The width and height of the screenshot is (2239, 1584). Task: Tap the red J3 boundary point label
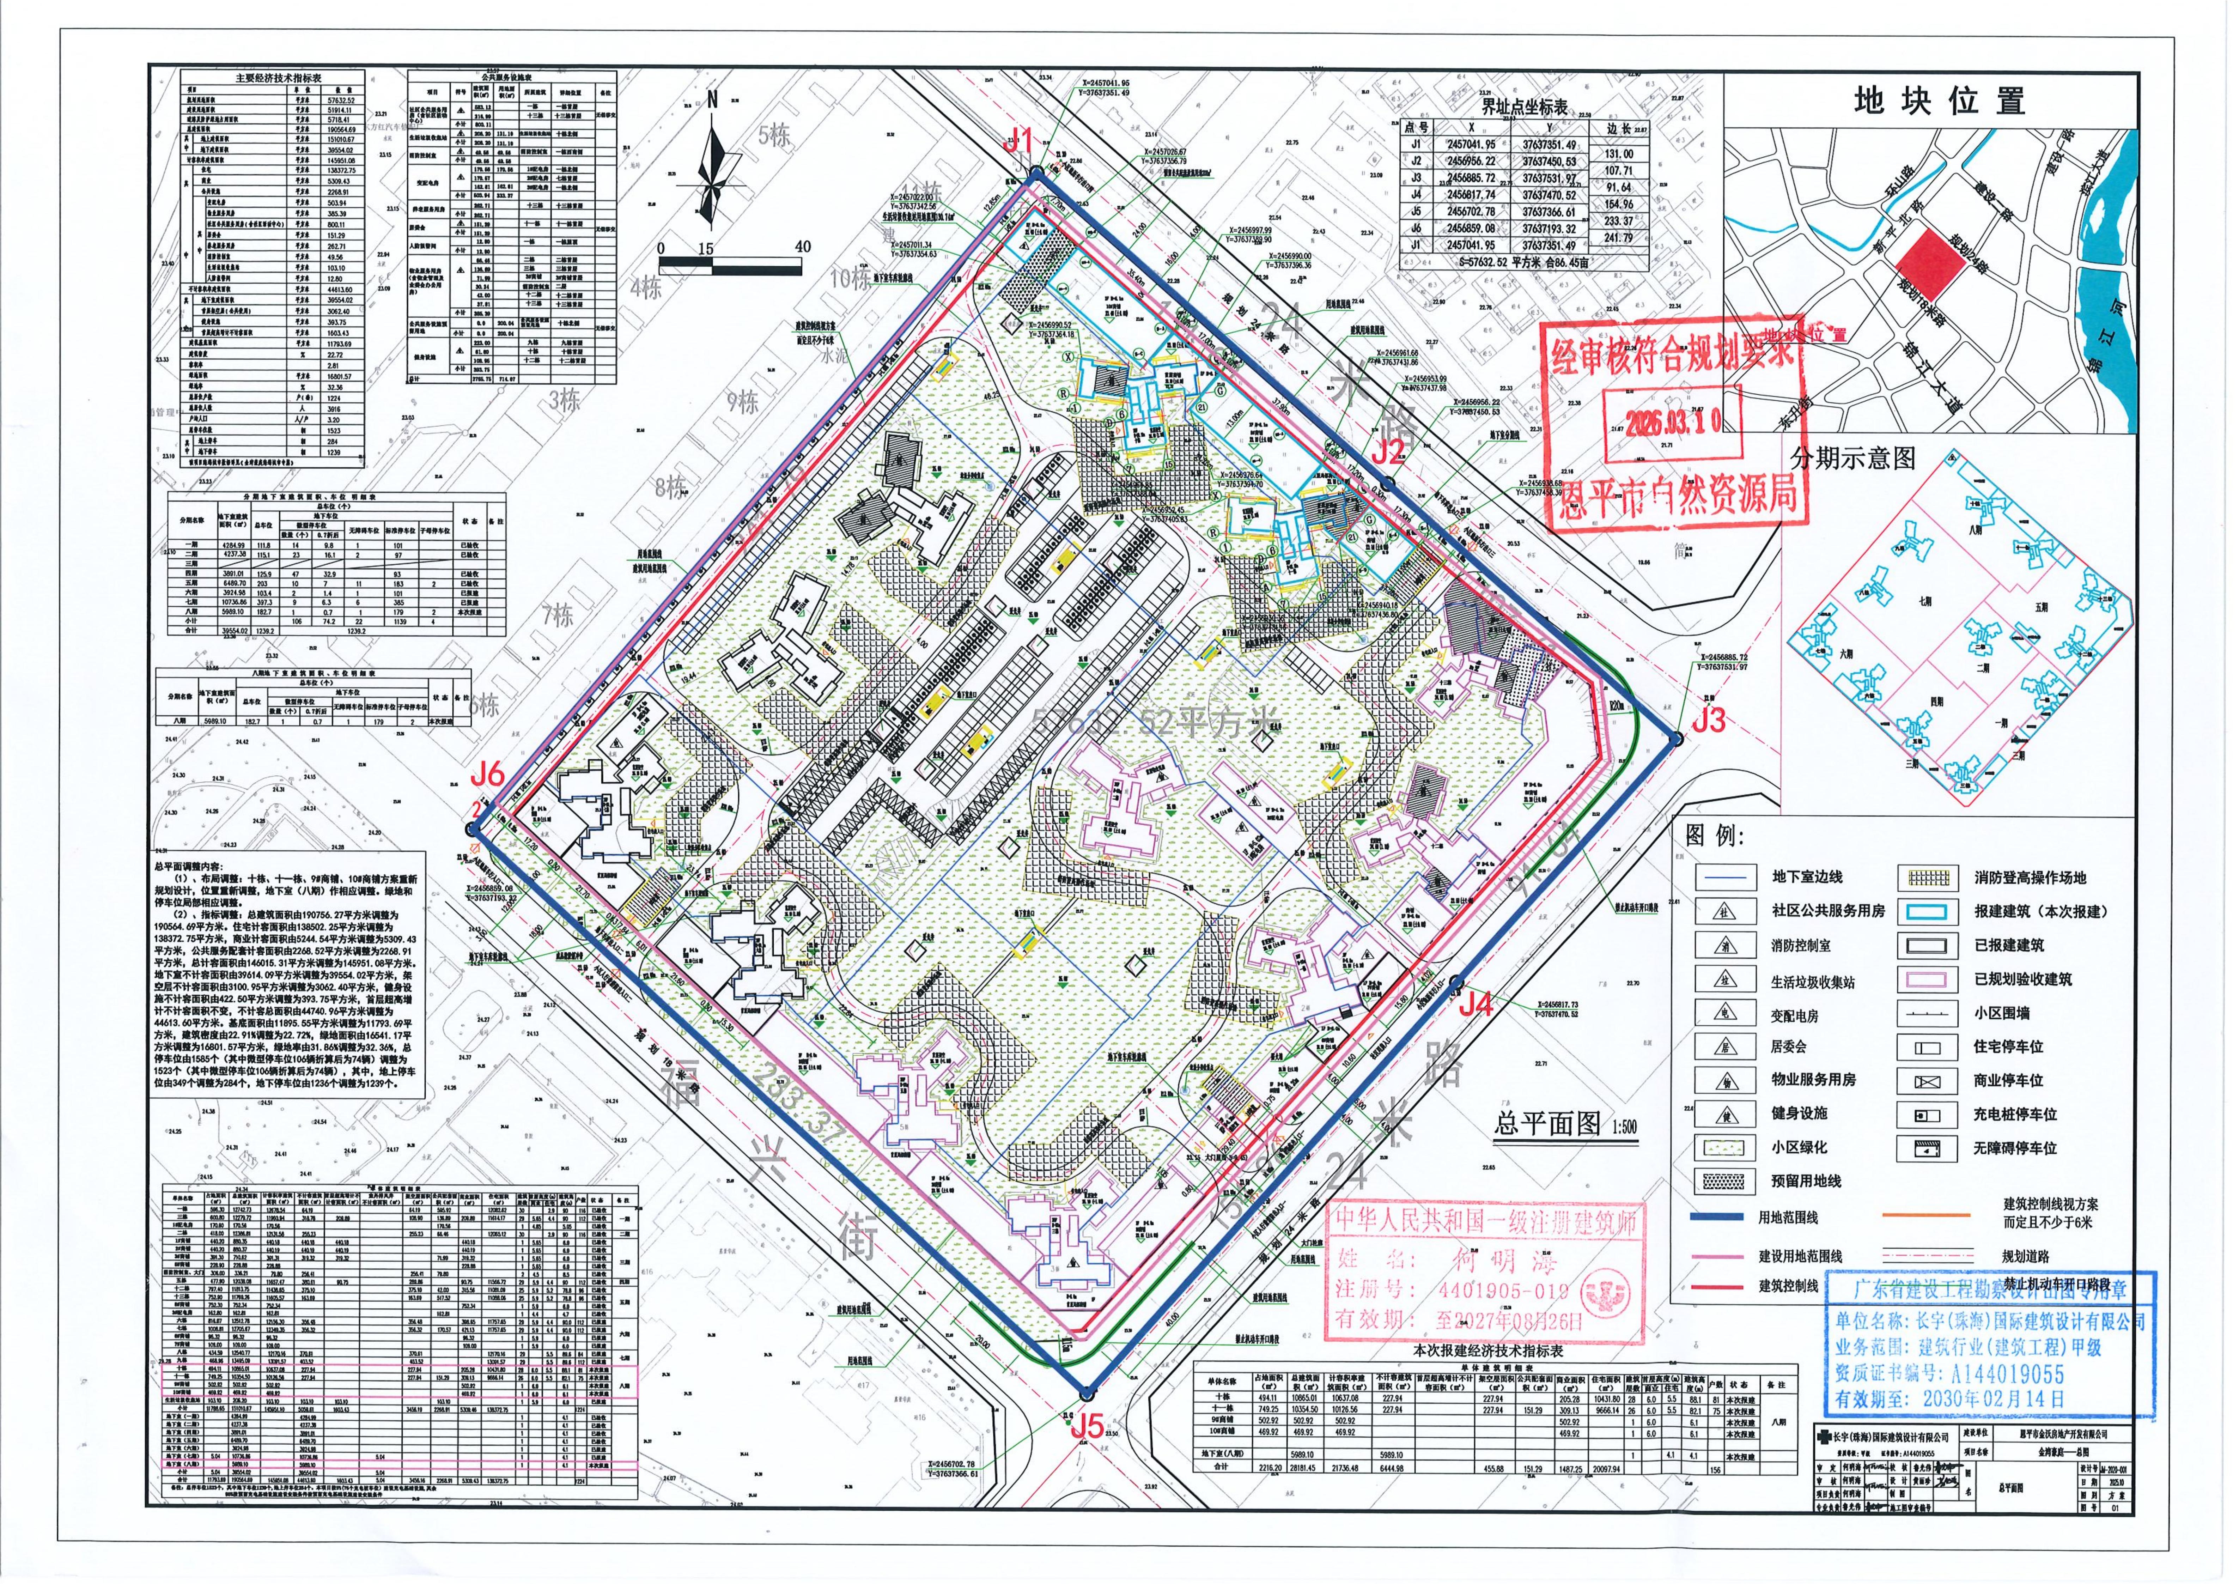[x=1709, y=719]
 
